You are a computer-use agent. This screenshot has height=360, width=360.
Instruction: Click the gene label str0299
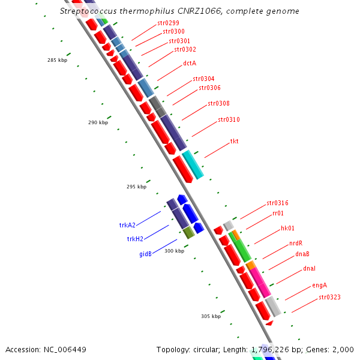coord(168,23)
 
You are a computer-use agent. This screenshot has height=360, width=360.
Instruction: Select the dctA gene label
coord(190,63)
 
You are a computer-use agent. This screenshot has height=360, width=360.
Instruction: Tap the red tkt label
coord(234,142)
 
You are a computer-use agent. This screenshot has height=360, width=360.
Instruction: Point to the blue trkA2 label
coord(127,226)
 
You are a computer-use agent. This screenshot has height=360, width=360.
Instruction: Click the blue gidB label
coord(145,254)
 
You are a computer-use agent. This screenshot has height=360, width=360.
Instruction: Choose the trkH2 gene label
coord(135,239)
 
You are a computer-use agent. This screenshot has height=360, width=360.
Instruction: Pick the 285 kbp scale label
coord(58,60)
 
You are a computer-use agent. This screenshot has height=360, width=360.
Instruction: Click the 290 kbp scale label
coord(98,122)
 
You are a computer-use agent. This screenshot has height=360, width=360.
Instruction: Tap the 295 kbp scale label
coord(136,187)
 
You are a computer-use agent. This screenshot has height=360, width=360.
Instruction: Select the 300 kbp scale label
coord(174,251)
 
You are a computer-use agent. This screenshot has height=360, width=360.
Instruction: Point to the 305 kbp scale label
coord(211,316)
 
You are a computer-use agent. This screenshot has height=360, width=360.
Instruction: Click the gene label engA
coord(319,285)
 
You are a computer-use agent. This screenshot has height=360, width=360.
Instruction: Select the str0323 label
coord(329,297)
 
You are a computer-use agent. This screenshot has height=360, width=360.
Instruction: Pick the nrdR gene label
coord(296,243)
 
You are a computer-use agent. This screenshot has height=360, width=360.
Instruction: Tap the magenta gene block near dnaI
coord(260,281)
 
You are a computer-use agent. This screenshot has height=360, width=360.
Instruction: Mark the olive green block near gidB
coord(188,232)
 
